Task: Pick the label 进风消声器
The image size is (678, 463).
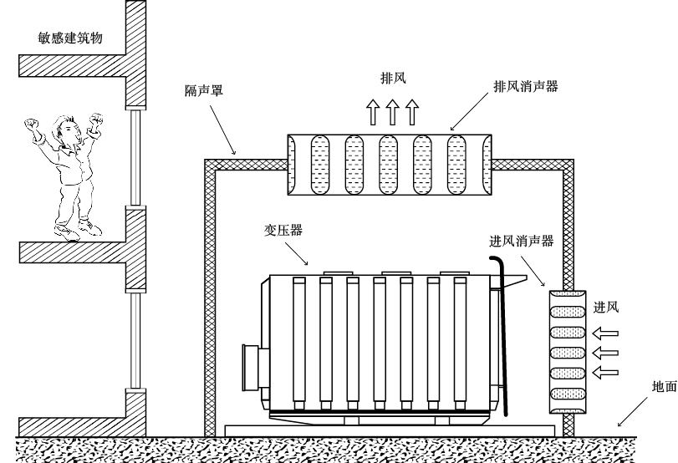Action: (521, 242)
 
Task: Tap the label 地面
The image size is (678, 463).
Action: (665, 388)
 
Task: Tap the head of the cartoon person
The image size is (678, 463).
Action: (64, 131)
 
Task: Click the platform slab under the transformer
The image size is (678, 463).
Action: (389, 429)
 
